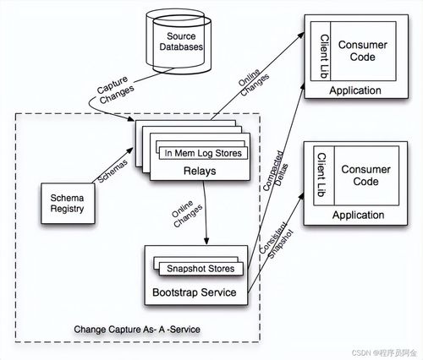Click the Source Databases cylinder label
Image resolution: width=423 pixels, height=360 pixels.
coord(181,41)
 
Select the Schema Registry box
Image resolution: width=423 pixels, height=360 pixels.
coord(68,204)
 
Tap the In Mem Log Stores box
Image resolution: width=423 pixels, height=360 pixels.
coord(203,153)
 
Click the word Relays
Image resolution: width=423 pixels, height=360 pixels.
coord(200,171)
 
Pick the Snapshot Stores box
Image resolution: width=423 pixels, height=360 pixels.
coord(201,269)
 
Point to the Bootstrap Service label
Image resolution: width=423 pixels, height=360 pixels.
coord(195,292)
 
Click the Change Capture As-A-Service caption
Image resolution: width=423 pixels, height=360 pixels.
coord(137,330)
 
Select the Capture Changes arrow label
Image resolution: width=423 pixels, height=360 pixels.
coord(115,90)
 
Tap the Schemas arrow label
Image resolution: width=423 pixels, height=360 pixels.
coord(113,171)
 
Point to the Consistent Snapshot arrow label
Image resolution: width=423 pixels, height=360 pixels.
coord(277,240)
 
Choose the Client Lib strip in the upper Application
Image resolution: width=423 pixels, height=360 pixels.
coord(321,52)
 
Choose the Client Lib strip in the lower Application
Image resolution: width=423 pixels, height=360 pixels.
coord(324,176)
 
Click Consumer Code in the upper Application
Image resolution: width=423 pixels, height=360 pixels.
coord(363,51)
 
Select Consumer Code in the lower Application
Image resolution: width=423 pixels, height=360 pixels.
coord(365,175)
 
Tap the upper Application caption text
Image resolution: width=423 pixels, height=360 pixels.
coord(355,90)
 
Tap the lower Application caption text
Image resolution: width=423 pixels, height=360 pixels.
coord(358,215)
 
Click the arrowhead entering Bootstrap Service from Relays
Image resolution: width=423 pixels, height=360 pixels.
coord(206,241)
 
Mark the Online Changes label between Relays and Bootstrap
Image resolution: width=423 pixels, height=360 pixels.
coord(187,214)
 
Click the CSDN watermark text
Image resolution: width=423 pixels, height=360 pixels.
coord(384,352)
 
